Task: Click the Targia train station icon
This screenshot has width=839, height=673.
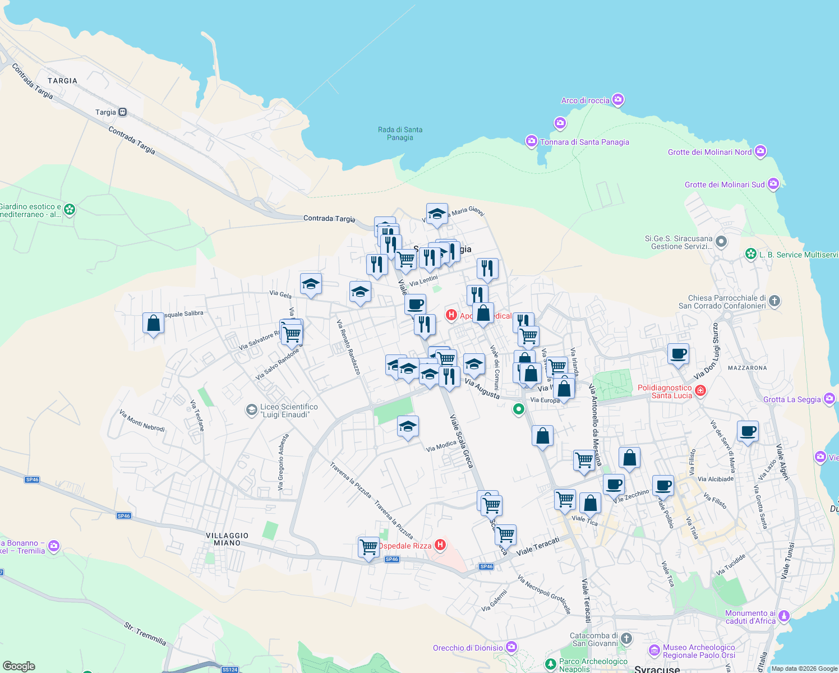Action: [122, 112]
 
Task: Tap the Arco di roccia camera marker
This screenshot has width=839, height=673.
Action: [618, 100]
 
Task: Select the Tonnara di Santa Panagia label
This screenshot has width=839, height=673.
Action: [584, 142]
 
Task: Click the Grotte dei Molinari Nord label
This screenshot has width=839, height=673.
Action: [709, 152]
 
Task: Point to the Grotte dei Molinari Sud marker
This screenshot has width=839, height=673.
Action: [773, 184]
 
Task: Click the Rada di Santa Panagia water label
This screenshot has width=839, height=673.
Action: [400, 133]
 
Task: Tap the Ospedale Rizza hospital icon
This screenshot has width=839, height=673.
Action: [441, 545]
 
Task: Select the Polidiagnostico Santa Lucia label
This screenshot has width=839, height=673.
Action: [665, 391]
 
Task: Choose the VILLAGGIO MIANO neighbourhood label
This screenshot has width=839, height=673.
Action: [227, 539]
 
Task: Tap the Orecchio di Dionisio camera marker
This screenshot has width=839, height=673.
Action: [511, 647]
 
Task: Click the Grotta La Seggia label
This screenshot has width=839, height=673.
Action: [792, 399]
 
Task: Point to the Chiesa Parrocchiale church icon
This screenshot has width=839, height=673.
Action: [775, 301]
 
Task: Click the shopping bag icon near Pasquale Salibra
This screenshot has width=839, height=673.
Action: [153, 324]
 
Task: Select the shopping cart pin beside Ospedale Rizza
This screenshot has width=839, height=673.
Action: [368, 546]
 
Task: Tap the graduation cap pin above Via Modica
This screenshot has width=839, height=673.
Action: [408, 427]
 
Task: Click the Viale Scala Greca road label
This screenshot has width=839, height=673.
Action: [462, 441]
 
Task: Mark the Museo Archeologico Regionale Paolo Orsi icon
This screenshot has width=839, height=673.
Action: [654, 651]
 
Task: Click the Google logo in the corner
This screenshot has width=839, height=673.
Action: [19, 666]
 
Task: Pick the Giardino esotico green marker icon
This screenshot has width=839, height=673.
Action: [70, 210]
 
